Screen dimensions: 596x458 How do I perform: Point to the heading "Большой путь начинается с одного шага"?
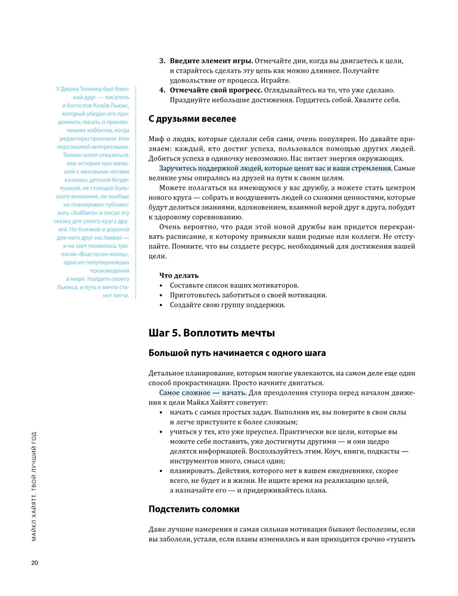[237, 352]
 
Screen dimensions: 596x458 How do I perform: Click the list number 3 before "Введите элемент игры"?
[162, 61]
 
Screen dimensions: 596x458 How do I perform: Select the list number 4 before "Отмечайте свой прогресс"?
[162, 90]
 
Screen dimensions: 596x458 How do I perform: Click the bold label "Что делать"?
[178, 275]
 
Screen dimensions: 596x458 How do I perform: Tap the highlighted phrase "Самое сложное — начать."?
[203, 393]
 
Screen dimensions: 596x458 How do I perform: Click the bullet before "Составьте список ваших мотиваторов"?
[162, 285]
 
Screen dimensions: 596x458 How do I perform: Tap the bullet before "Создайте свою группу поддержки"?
[162, 305]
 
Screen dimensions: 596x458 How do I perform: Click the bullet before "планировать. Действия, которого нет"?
[162, 471]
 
